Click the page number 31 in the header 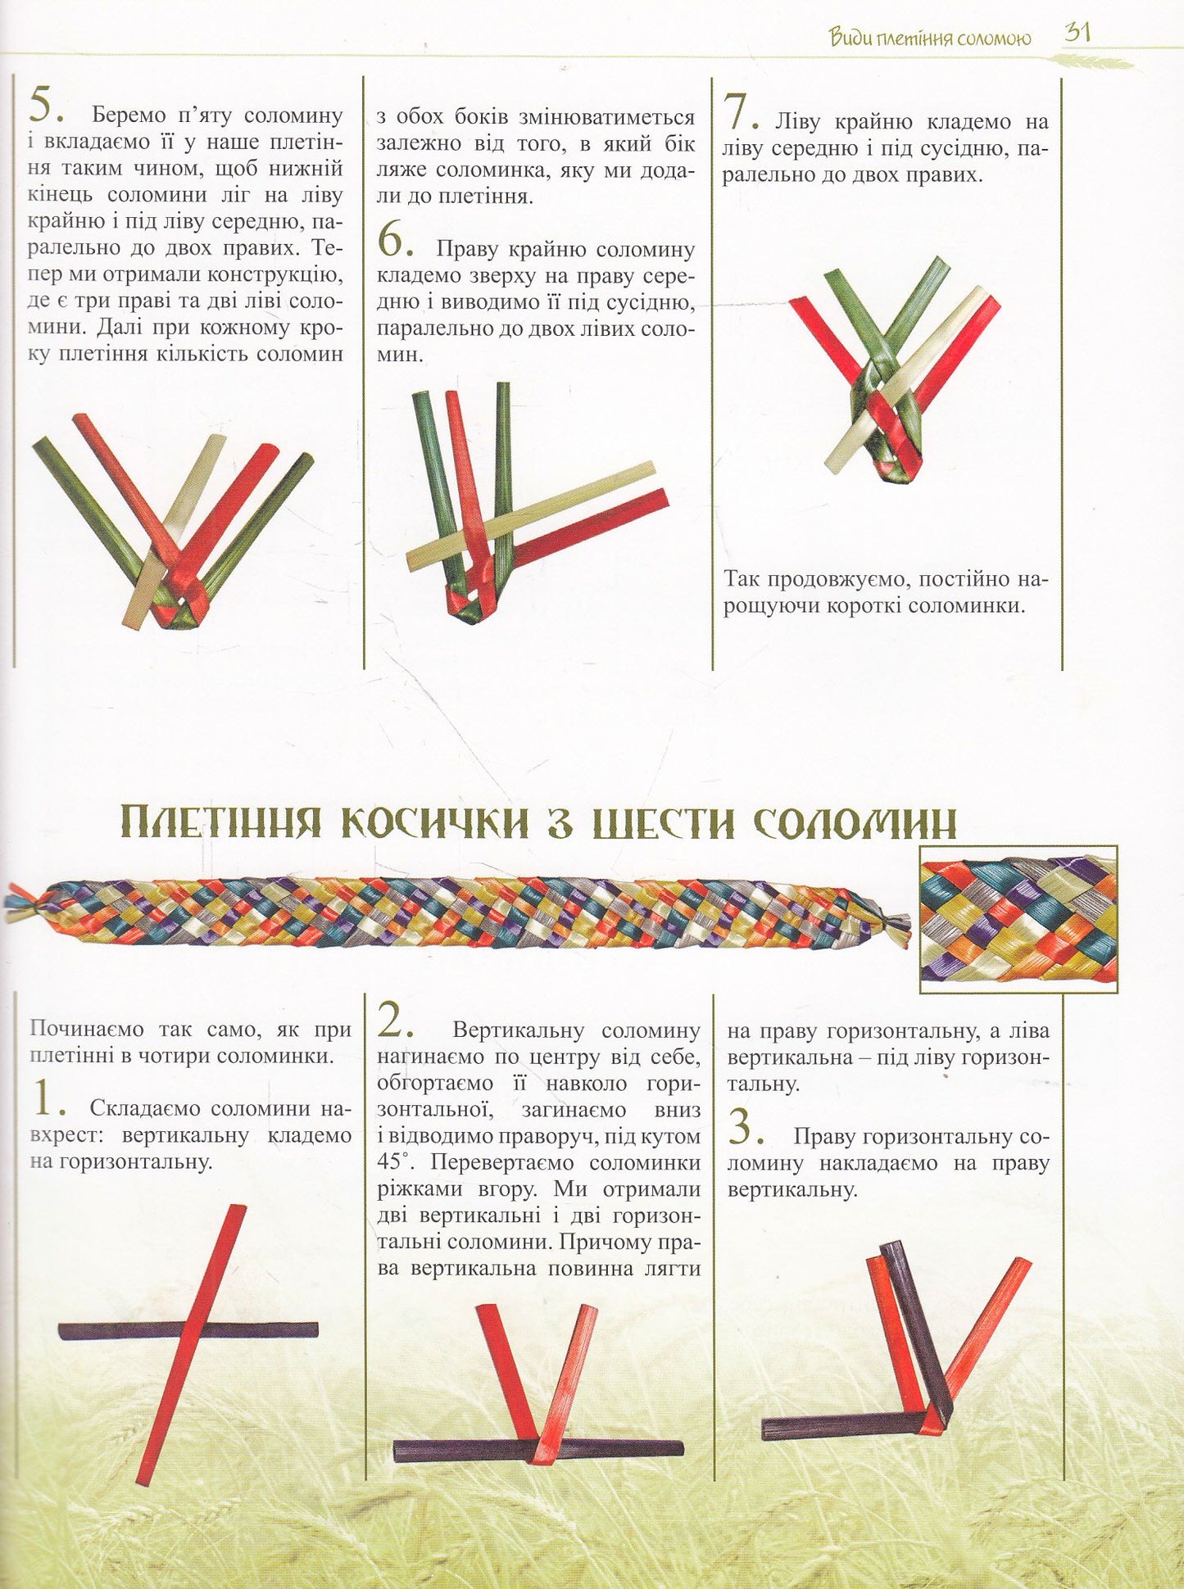click(1077, 34)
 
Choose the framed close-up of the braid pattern click(1018, 919)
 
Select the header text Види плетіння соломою click(929, 38)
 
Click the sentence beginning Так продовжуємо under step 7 click(885, 593)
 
